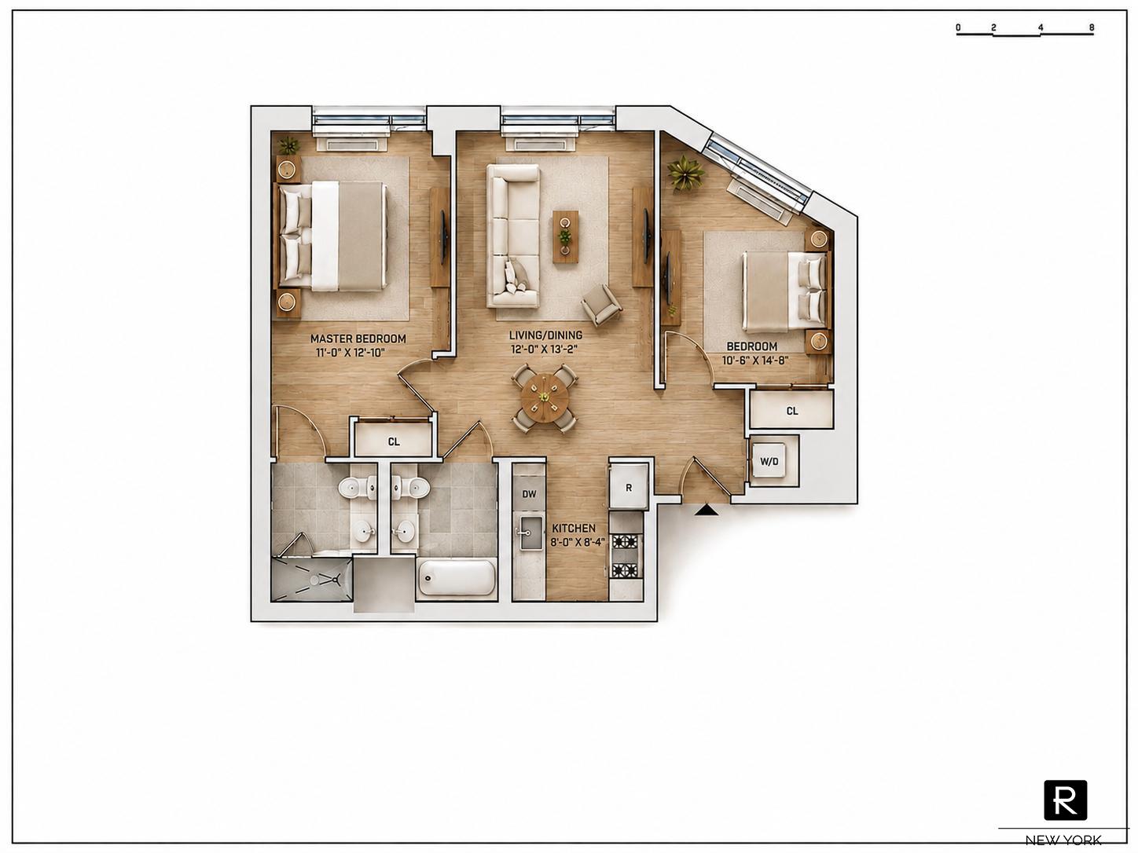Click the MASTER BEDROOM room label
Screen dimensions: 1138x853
(358, 339)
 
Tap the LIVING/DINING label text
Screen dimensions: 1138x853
(545, 335)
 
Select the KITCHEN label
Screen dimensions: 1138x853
(574, 529)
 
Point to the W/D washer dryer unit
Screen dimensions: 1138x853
(769, 460)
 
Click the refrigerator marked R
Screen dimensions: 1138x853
(629, 487)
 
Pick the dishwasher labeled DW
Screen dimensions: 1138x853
(529, 494)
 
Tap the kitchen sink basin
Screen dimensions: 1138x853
(529, 533)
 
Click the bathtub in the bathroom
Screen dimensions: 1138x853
(457, 577)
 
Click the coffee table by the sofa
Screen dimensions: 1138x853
(565, 236)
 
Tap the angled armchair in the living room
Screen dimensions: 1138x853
(601, 305)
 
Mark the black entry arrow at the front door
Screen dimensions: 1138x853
(707, 511)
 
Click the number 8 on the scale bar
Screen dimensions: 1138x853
(1092, 28)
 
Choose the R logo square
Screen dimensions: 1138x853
(1066, 800)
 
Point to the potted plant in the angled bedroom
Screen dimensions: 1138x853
(685, 174)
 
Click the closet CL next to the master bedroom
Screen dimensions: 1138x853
(394, 441)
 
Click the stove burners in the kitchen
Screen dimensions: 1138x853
(625, 557)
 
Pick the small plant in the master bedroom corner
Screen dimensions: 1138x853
(288, 145)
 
